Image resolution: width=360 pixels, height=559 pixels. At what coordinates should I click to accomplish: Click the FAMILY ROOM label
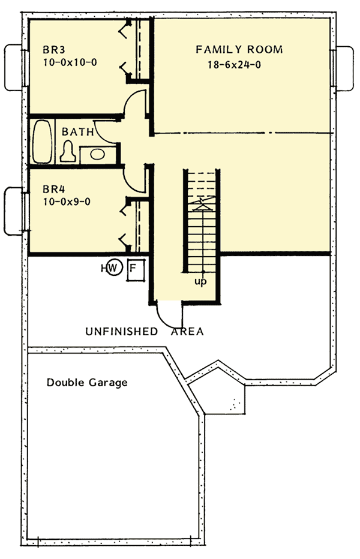point(239,50)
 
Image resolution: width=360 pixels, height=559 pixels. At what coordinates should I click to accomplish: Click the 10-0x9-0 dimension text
point(66,202)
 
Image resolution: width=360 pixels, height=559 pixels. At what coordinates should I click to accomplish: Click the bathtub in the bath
point(41,142)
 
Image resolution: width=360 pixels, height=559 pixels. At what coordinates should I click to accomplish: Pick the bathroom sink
point(97,154)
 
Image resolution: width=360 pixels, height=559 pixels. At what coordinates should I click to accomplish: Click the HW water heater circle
point(115,268)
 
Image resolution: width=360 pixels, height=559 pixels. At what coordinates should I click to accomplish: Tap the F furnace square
point(134,268)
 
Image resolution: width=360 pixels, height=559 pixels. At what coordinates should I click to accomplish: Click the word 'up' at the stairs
point(200,281)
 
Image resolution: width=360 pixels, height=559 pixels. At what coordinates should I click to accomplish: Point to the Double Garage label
point(87,382)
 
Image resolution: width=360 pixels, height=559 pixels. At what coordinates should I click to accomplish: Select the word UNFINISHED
point(122,331)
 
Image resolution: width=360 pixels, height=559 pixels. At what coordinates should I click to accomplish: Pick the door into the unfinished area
point(168,312)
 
